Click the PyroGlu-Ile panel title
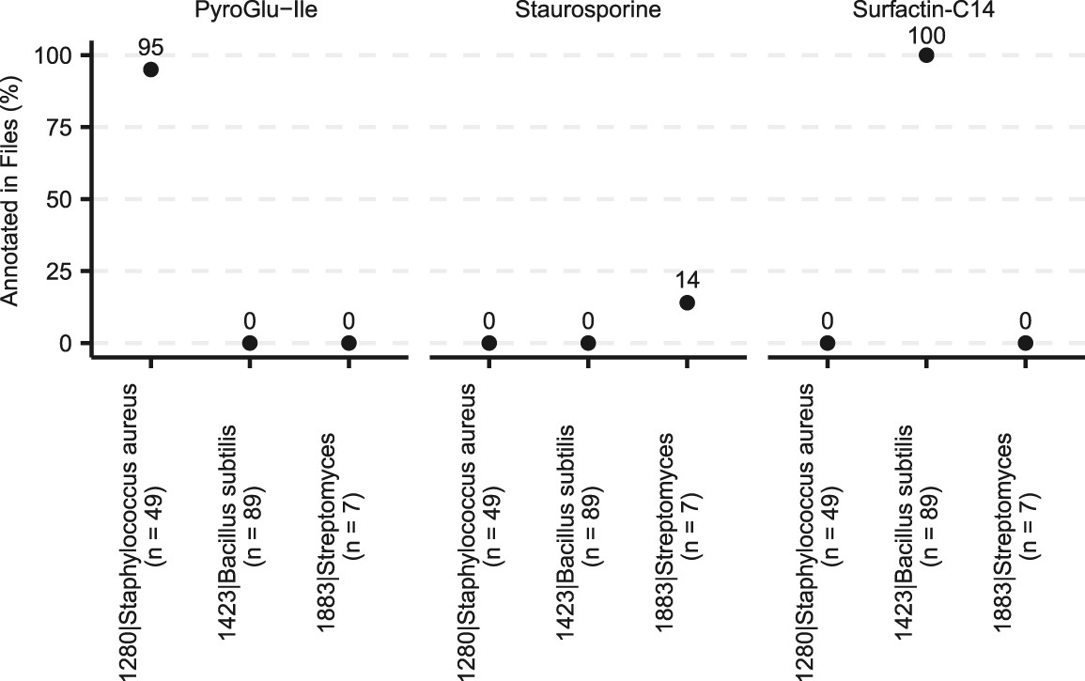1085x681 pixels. tap(249, 11)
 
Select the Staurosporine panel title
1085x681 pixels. tap(587, 11)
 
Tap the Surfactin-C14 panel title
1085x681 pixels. tap(925, 11)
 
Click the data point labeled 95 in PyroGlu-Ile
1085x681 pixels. tap(150, 70)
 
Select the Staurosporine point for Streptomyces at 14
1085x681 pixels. tap(687, 302)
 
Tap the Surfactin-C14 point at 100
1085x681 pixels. tap(926, 55)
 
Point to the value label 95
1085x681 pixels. tap(150, 45)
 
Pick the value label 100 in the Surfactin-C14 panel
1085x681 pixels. tap(926, 35)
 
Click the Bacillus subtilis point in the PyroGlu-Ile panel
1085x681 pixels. tap(250, 343)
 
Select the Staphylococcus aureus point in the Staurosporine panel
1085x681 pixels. tap(488, 343)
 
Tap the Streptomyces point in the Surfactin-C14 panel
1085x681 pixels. tap(1025, 343)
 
